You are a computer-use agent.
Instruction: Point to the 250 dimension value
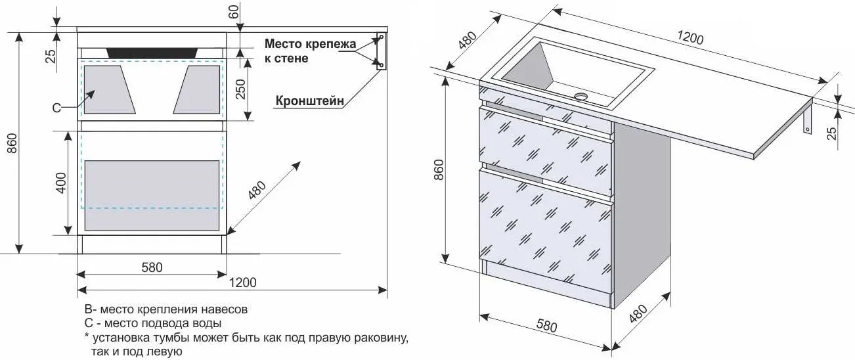coord(240,89)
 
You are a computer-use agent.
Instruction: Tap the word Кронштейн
coord(310,102)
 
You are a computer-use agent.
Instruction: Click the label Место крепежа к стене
coord(310,51)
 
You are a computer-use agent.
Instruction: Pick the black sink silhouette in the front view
coord(153,52)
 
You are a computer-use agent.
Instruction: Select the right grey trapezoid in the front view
coord(197,89)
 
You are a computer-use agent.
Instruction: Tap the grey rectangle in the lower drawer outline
coord(152,195)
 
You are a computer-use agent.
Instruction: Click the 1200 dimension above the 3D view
coord(690,37)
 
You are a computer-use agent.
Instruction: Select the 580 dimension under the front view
coord(152,267)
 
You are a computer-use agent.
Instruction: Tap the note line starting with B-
coord(165,309)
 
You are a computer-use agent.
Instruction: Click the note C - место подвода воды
coord(152,323)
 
